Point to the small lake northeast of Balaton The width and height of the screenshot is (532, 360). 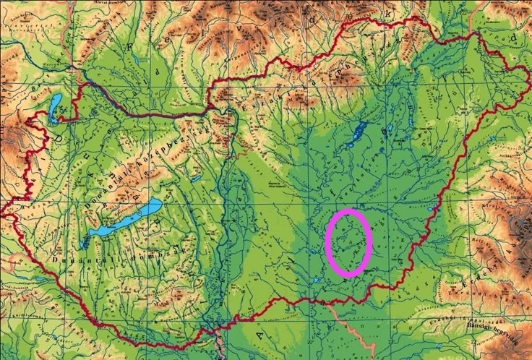point(195,178)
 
